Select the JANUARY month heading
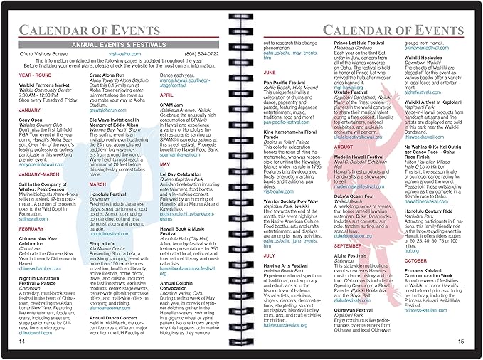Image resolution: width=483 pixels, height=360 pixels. pyautogui.click(x=30, y=110)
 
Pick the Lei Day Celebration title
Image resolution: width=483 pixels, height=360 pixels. pyautogui.click(x=184, y=193)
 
